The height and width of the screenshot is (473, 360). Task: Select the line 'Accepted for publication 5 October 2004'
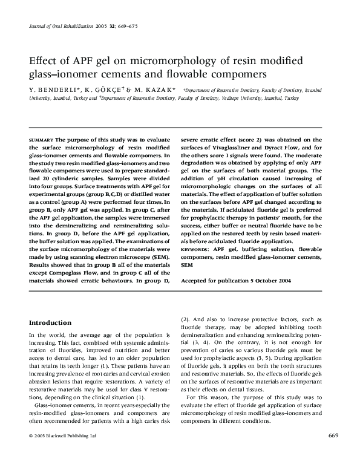[x=237, y=281]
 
